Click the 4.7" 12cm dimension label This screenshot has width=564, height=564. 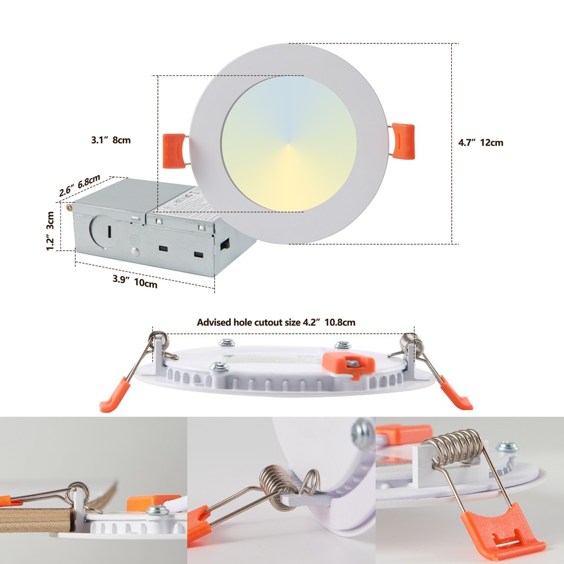[x=481, y=142]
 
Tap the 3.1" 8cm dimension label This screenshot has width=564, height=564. [x=110, y=140]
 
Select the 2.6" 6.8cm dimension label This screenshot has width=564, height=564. [x=79, y=185]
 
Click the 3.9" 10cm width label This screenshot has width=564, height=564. [x=135, y=281]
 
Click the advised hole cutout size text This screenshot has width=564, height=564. [x=276, y=322]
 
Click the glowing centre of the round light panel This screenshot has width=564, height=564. [x=289, y=143]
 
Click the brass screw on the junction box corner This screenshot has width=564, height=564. [x=70, y=206]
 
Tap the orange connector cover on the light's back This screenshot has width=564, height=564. [x=348, y=363]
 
